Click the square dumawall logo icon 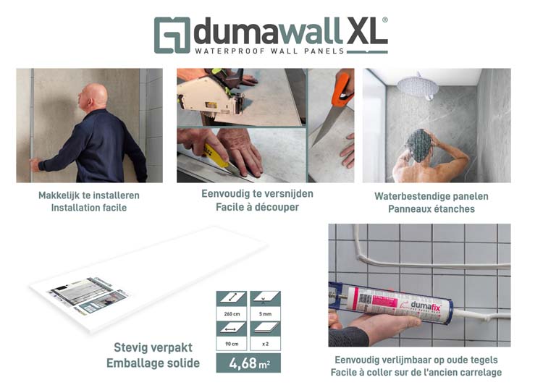[172, 35]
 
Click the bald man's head [95, 96]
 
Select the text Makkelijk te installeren [89, 195]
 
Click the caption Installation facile [89, 208]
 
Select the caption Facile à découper [257, 207]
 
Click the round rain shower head [418, 85]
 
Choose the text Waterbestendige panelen [431, 196]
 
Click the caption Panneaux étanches [431, 208]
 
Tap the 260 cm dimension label [232, 315]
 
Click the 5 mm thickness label [265, 315]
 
